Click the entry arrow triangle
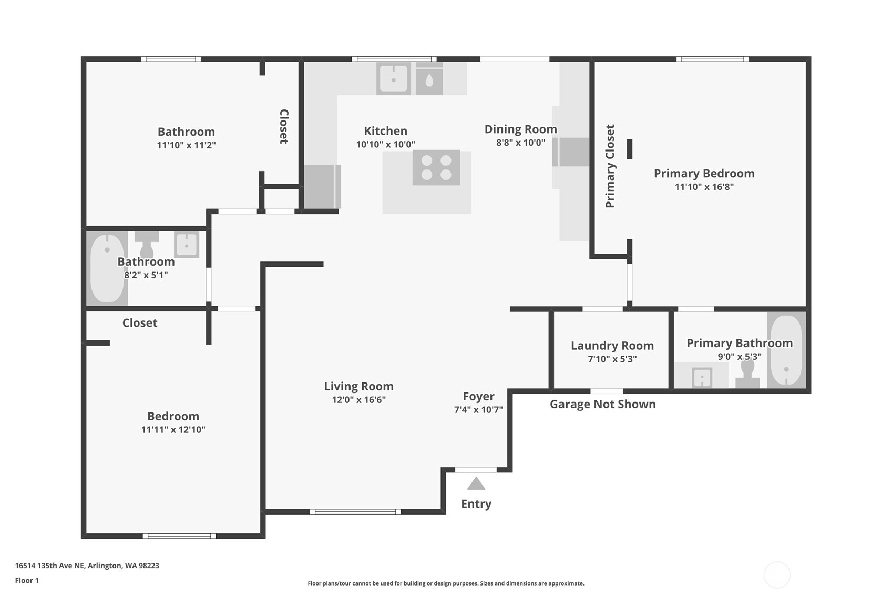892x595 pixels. point(476,483)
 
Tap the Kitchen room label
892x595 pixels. point(385,130)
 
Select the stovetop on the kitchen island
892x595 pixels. point(436,167)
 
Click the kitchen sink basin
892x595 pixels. point(393,79)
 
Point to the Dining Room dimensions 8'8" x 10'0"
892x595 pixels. point(520,143)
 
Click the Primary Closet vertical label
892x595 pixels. point(610,166)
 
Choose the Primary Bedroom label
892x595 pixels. point(704,174)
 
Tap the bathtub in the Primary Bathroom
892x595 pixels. point(786,350)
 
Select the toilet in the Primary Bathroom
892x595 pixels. point(747,375)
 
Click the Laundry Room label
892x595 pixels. point(612,346)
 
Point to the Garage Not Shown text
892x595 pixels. point(602,404)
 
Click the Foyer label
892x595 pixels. point(478,396)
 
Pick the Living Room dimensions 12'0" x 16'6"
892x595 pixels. point(359,400)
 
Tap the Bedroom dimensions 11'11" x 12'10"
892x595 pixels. point(173,430)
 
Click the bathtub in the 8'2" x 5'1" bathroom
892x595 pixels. point(107,268)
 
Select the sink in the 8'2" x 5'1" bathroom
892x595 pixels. point(187,245)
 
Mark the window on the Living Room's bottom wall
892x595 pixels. point(355,512)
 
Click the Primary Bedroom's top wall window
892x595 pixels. point(712,59)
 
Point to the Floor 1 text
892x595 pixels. point(27,580)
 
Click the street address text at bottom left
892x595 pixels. point(87,566)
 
